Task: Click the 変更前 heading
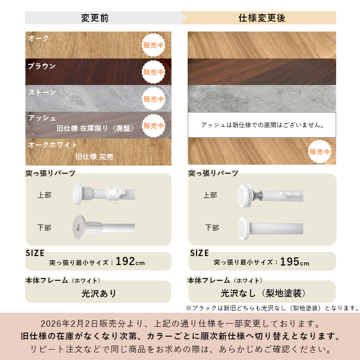(x=94, y=18)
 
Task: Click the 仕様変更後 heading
(x=262, y=18)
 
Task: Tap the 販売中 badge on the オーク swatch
(x=153, y=45)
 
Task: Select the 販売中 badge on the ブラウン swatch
(x=153, y=72)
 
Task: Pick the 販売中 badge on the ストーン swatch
(x=153, y=99)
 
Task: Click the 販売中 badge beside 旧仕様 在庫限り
(x=153, y=126)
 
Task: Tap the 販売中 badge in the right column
(x=319, y=152)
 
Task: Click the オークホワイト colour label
(x=52, y=144)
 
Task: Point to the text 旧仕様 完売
(x=94, y=157)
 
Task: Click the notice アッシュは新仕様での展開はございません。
(x=262, y=125)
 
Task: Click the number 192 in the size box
(x=125, y=261)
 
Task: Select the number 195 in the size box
(x=289, y=261)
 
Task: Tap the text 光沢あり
(x=99, y=293)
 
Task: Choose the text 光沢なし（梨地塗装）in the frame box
(x=263, y=293)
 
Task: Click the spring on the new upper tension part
(x=257, y=196)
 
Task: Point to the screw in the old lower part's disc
(x=78, y=228)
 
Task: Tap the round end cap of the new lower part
(x=244, y=229)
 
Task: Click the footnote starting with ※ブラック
(x=273, y=308)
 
